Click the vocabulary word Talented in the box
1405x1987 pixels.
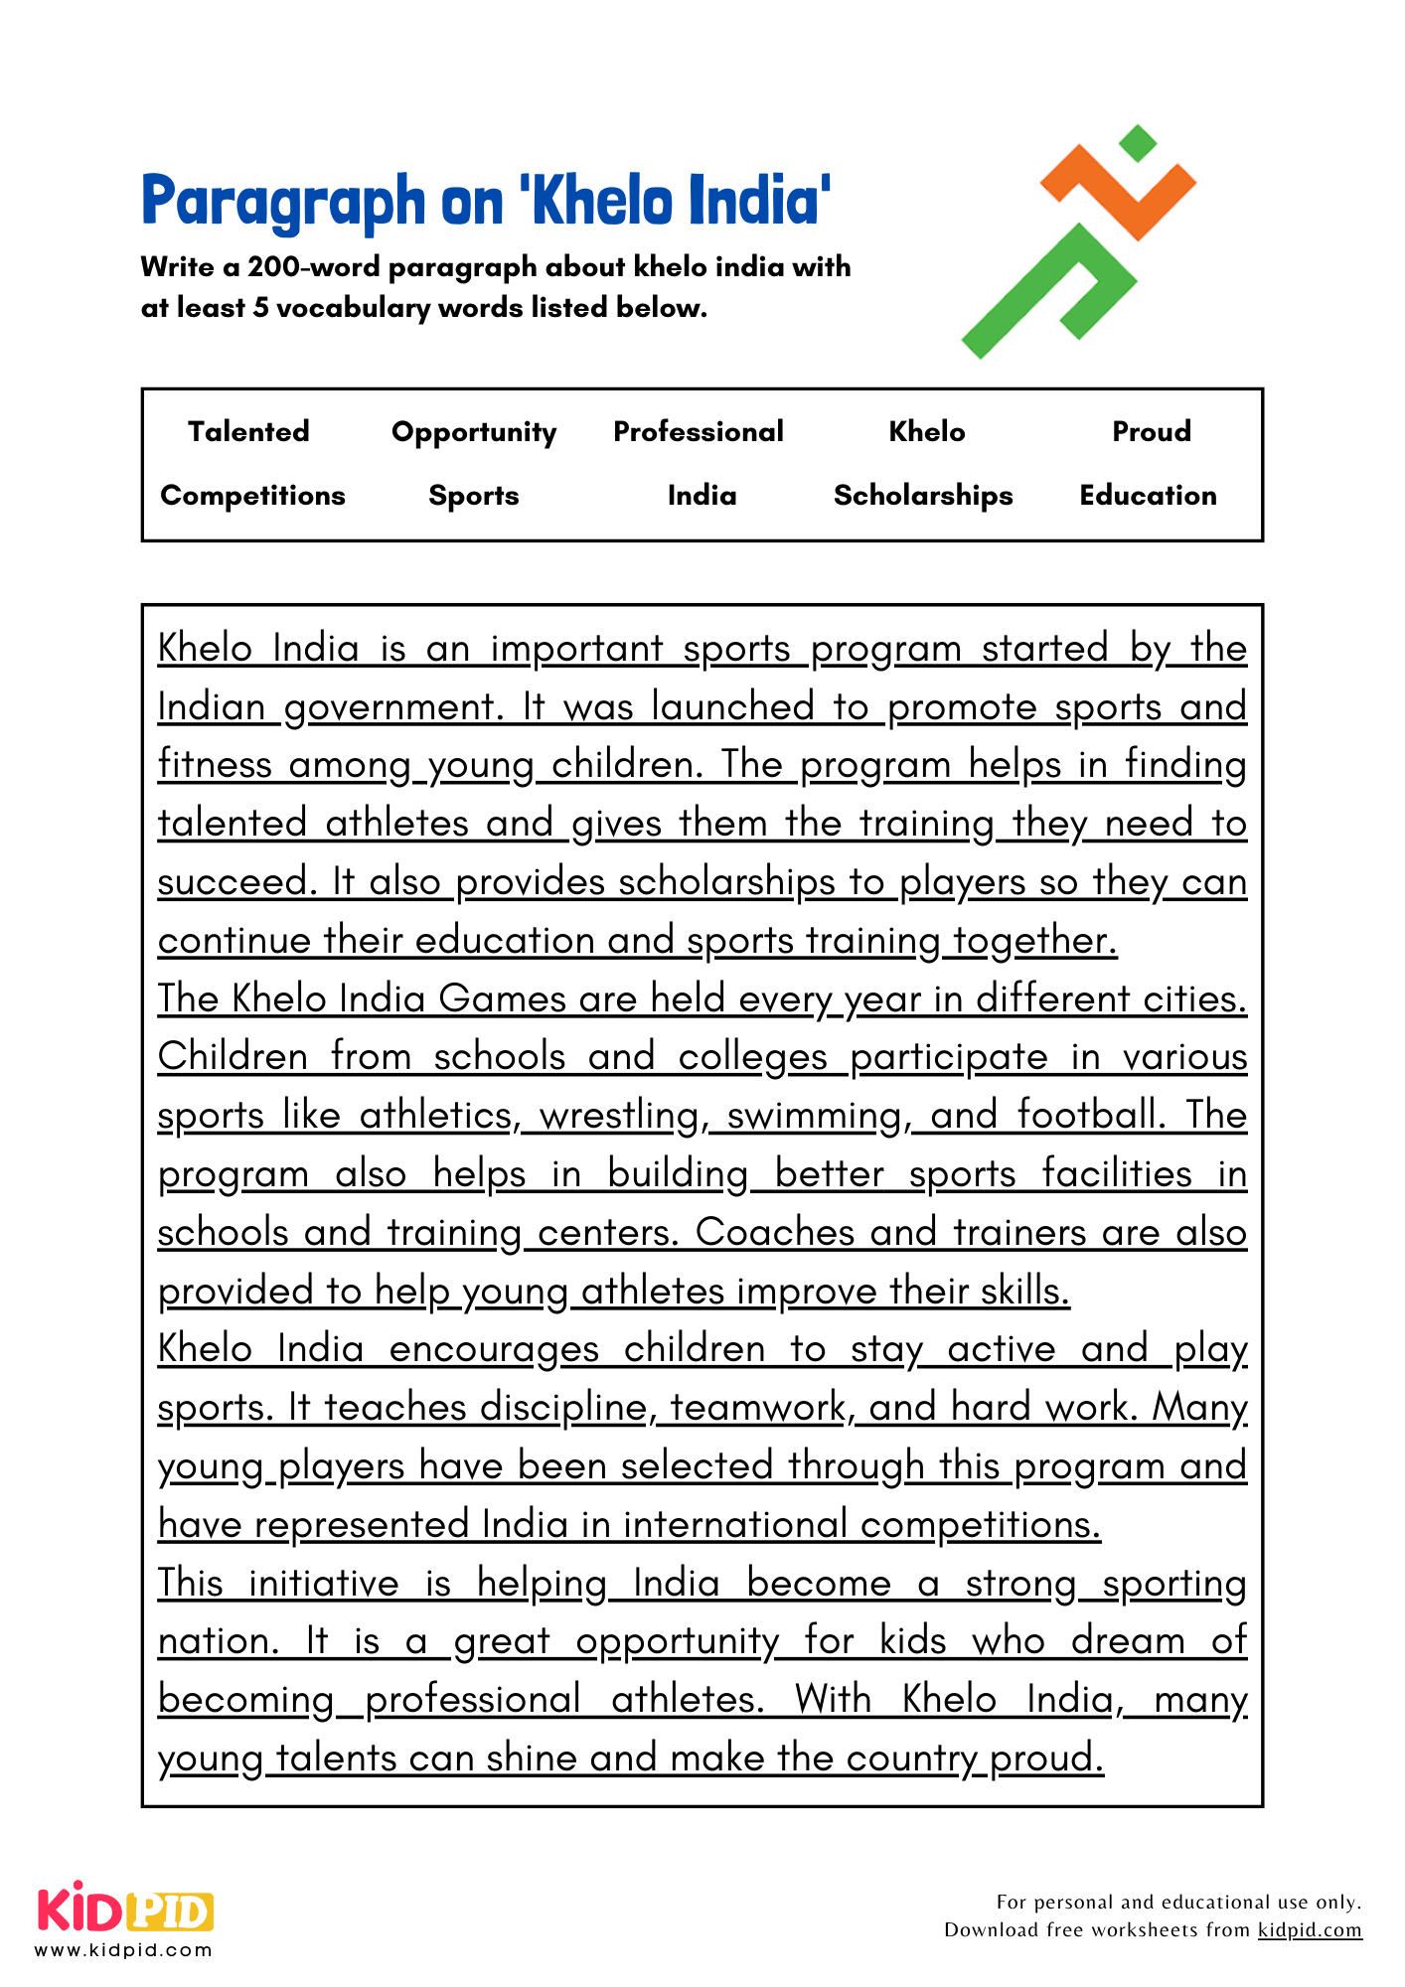tap(248, 431)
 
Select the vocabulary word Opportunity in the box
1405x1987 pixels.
tap(474, 432)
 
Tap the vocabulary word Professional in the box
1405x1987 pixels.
tap(699, 431)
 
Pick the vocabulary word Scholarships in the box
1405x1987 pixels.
tap(923, 495)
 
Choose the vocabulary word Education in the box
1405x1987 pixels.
tap(1148, 495)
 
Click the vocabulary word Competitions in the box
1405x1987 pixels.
tap(252, 495)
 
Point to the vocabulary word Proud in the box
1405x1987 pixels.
tap(1151, 431)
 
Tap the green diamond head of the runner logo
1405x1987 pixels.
tap(1138, 143)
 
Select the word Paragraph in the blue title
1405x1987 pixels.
tap(283, 202)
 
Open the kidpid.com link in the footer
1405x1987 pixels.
tap(1310, 1930)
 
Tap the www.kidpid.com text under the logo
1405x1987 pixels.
tap(123, 1950)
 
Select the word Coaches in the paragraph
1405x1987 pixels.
tap(774, 1232)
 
